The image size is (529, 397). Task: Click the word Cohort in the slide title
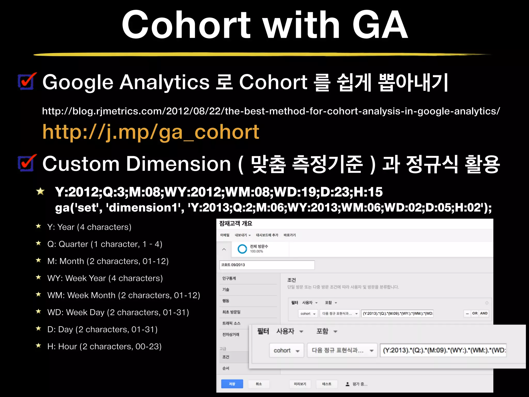pyautogui.click(x=186, y=25)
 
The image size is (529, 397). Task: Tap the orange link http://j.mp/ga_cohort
pyautogui.click(x=151, y=132)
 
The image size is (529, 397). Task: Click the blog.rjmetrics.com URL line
pyautogui.click(x=271, y=111)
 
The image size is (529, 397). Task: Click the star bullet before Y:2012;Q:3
pyautogui.click(x=41, y=192)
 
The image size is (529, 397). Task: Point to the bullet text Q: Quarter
pyautogui.click(x=105, y=244)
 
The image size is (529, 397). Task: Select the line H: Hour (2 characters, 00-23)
pyautogui.click(x=104, y=347)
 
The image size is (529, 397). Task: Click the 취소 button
pyautogui.click(x=259, y=384)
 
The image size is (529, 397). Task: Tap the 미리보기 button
pyautogui.click(x=300, y=384)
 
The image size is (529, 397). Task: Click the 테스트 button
pyautogui.click(x=326, y=384)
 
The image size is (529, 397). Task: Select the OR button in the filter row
pyautogui.click(x=475, y=313)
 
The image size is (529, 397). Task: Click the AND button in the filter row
pyautogui.click(x=484, y=313)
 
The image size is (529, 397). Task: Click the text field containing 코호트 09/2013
pyautogui.click(x=267, y=265)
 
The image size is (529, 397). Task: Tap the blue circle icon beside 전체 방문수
pyautogui.click(x=242, y=249)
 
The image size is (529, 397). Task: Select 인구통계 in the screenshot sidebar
pyautogui.click(x=229, y=278)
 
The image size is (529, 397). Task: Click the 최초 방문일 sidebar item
pyautogui.click(x=231, y=312)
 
